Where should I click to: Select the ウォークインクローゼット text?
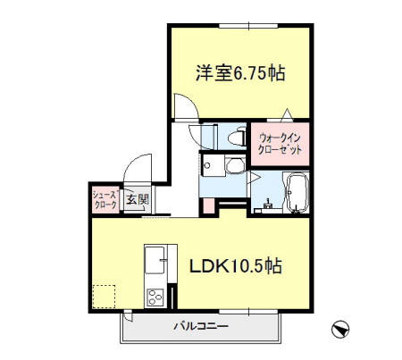pyautogui.click(x=279, y=144)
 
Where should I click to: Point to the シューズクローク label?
pyautogui.click(x=105, y=197)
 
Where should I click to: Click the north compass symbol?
pyautogui.click(x=339, y=330)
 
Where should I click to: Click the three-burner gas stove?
pyautogui.click(x=153, y=297)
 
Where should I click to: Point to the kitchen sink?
pyautogui.click(x=153, y=259)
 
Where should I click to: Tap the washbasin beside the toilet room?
pyautogui.click(x=231, y=166)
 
